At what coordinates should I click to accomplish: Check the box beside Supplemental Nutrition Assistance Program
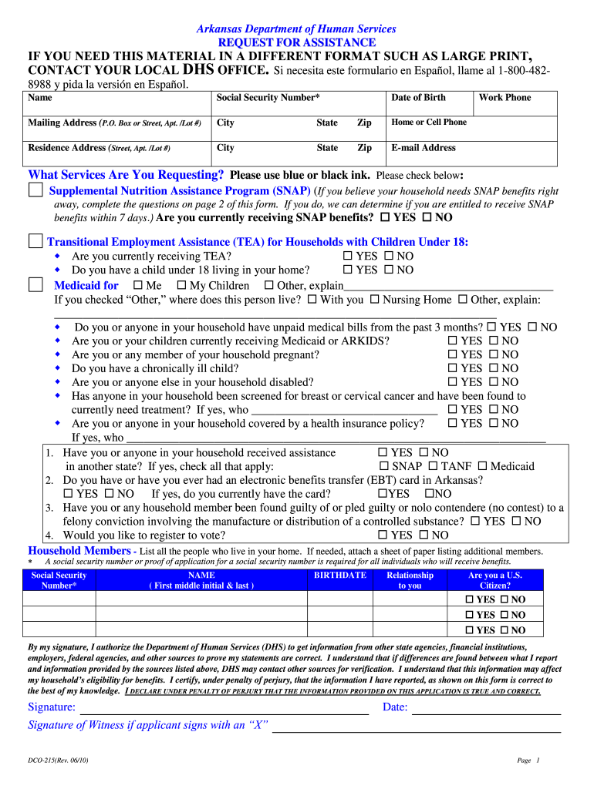[35, 190]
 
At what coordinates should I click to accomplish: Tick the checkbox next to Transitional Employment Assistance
[35, 241]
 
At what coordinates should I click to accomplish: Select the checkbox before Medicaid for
[35, 285]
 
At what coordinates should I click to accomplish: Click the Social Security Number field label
[268, 98]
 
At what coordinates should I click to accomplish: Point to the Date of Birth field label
[418, 98]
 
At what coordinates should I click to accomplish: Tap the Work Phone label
[505, 98]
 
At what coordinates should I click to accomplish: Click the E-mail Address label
[424, 148]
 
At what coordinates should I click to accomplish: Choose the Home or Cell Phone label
[429, 123]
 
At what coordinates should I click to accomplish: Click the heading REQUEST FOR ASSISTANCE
[297, 42]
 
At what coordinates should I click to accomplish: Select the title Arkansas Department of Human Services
[296, 29]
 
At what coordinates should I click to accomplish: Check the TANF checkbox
[434, 466]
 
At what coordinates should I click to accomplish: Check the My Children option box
[182, 286]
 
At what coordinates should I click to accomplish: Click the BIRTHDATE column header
[340, 576]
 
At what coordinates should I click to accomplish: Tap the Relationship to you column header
[410, 580]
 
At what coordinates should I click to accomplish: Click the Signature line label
[52, 707]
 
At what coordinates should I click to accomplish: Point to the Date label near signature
[394, 707]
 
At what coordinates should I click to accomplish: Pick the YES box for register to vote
[383, 536]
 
